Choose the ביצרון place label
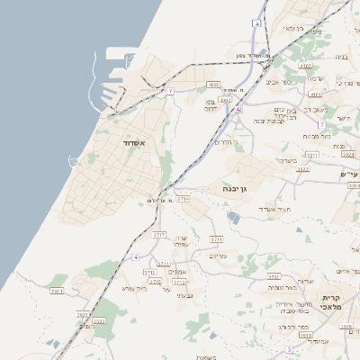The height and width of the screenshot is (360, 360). (x=287, y=160)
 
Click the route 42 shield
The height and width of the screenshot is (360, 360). (x=238, y=109)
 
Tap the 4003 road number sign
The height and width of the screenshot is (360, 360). (x=213, y=85)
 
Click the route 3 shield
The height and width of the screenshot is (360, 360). (x=289, y=349)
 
